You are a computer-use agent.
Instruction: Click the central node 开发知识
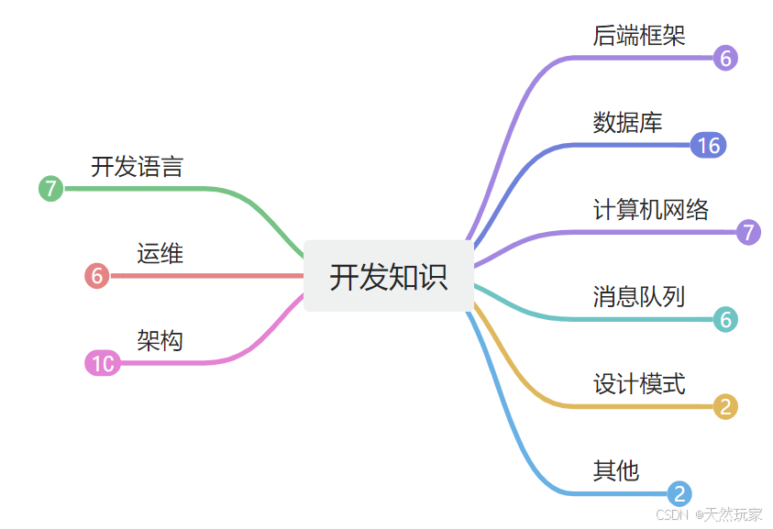389,276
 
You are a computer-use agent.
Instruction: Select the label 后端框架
639,35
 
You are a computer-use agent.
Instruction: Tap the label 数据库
627,122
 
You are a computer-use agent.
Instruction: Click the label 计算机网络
651,209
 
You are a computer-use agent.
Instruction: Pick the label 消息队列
639,296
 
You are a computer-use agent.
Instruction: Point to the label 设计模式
639,383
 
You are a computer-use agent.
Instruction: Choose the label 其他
616,471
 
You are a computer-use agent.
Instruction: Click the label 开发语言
137,167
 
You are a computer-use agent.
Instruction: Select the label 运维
160,253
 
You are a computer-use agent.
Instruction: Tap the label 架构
160,341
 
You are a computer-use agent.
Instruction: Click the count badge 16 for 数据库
708,145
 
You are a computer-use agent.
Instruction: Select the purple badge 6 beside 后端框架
725,59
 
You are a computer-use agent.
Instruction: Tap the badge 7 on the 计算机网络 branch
748,232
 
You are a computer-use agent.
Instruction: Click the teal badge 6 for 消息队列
725,320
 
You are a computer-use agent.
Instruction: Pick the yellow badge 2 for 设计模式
725,407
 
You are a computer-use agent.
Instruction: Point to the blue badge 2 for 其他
679,494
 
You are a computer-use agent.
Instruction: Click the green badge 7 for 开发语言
50,189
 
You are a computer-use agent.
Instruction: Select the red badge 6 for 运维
96,276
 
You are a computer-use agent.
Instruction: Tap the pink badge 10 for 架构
102,364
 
